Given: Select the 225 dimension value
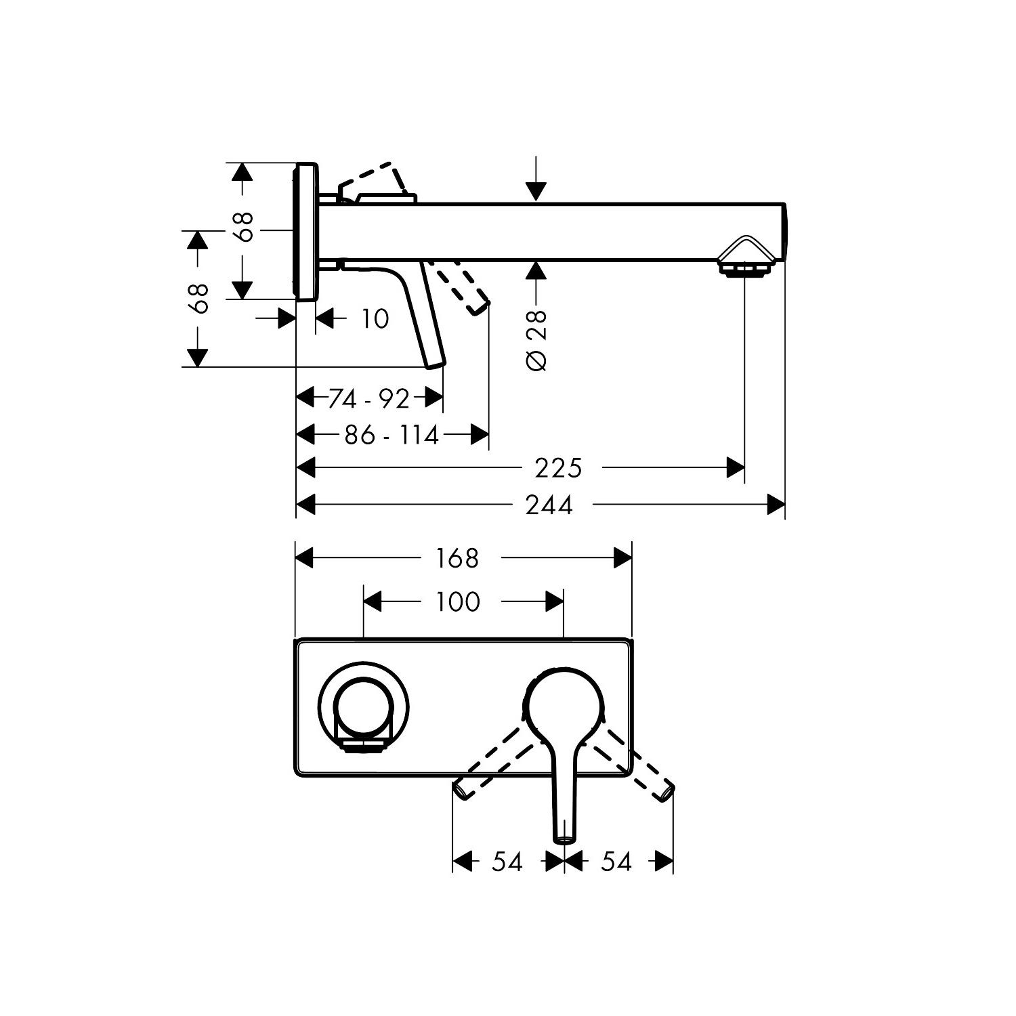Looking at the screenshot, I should point(558,468).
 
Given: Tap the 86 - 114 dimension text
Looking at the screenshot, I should point(391,435).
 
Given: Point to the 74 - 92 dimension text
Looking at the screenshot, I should point(369,399).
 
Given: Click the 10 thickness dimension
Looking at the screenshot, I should point(375,318).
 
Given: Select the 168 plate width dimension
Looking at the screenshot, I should point(457,558).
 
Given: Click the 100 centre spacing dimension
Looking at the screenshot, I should point(457,601).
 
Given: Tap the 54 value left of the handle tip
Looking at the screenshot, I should point(507,862).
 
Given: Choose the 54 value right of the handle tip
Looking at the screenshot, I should point(616,862).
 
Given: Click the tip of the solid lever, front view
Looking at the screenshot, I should point(564,837).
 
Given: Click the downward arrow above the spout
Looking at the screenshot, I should point(536,180).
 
